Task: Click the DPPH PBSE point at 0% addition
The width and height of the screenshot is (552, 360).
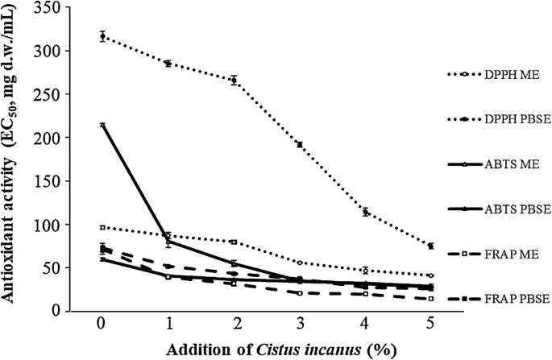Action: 102,36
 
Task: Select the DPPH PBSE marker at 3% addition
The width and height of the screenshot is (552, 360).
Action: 299,145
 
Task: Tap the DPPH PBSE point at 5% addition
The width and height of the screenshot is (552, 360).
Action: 431,246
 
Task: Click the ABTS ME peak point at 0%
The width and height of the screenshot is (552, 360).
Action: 102,125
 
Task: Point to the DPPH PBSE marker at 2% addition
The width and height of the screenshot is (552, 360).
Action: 234,80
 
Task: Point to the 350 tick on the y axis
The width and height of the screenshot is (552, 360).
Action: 64,7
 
